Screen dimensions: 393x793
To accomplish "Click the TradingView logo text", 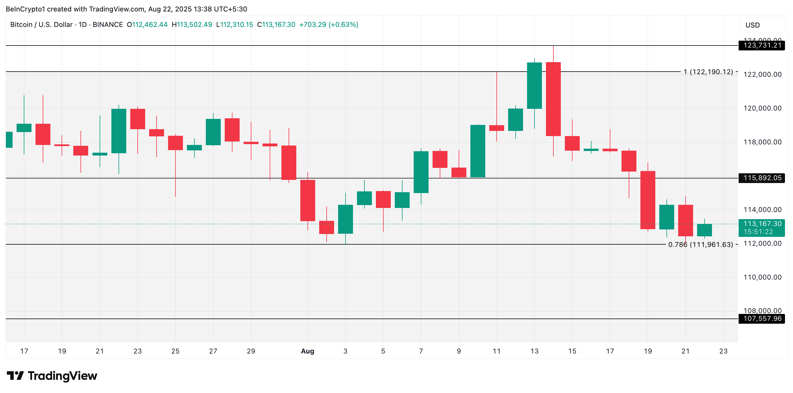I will tap(62, 376).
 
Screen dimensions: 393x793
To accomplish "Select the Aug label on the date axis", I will tap(307, 351).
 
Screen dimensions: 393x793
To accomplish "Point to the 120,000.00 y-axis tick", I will tap(762, 108).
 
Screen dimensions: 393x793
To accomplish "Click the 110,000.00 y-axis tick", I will tap(762, 278).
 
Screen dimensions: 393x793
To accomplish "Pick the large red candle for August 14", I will tap(553, 99).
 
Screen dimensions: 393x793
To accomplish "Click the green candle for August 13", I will tap(534, 86).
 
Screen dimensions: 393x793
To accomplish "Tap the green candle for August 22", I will tap(704, 230).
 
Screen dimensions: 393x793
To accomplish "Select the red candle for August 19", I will tap(648, 200).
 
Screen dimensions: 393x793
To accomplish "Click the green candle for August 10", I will tap(478, 151).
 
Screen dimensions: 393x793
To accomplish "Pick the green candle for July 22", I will tap(119, 131).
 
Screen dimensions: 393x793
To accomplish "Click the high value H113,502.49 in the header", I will tap(192, 25).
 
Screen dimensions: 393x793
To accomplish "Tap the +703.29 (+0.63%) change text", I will tap(328, 25).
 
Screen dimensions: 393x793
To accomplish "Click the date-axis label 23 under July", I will tap(138, 351).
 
